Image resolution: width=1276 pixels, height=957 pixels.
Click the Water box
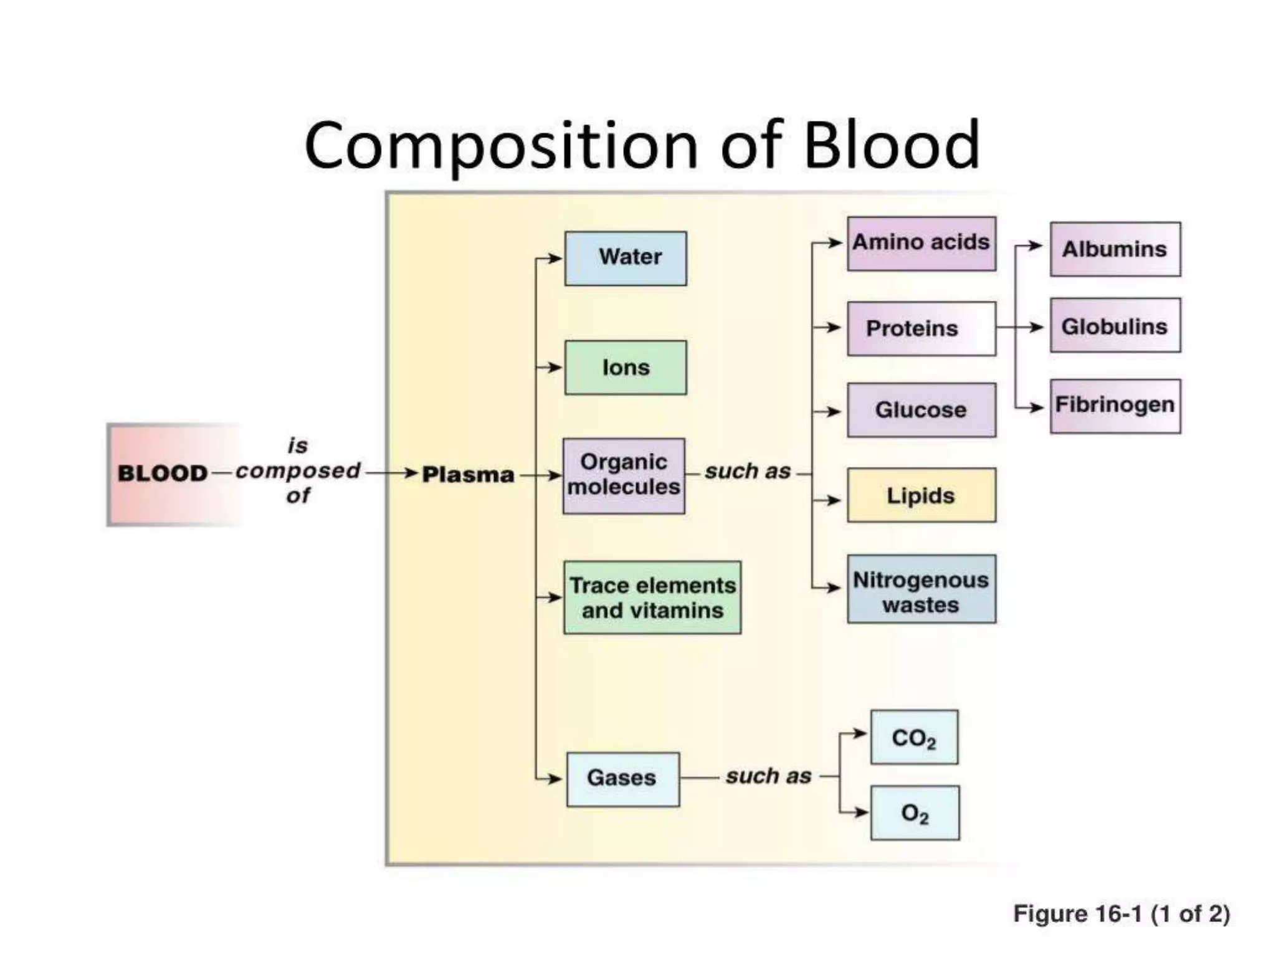(626, 259)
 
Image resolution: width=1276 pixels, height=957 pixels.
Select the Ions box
(626, 368)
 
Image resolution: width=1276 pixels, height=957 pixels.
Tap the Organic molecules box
(624, 475)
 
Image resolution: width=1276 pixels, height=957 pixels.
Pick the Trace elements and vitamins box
(652, 598)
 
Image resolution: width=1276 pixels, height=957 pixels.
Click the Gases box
(622, 779)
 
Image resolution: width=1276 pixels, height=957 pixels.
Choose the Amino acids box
(921, 244)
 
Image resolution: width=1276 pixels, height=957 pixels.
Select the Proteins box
(921, 328)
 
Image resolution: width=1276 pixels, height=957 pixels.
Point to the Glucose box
(921, 410)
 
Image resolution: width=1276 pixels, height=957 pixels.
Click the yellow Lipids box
(921, 495)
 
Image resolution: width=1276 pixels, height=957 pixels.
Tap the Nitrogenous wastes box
(921, 589)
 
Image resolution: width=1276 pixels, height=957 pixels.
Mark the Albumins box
(1115, 249)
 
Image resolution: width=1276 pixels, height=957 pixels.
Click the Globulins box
(1115, 326)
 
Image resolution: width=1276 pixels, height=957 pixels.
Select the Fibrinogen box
(1115, 406)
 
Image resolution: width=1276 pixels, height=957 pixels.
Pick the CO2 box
(914, 737)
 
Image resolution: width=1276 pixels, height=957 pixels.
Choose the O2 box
(915, 813)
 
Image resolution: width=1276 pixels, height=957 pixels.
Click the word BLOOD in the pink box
(162, 474)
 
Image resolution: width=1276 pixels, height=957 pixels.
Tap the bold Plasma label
(468, 475)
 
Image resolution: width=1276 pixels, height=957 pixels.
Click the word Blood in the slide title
(892, 145)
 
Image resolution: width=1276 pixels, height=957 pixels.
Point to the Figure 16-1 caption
(1121, 913)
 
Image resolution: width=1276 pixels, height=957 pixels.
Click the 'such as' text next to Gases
(768, 776)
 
